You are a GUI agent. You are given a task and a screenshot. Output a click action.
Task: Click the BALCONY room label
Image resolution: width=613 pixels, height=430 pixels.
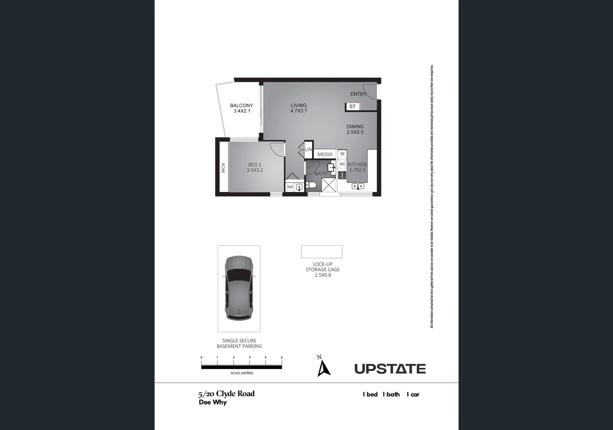[x=241, y=106]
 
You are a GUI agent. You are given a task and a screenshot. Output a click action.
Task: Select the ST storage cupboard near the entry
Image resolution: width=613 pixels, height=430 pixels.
[x=352, y=107]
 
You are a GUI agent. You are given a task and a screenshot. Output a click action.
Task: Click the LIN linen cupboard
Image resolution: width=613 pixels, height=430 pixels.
[x=308, y=150]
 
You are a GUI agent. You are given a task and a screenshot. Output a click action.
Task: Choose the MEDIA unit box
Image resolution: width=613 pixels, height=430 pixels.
[x=325, y=154]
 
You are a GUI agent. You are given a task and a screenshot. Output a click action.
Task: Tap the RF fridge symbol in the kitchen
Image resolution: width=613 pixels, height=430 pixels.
[x=342, y=154]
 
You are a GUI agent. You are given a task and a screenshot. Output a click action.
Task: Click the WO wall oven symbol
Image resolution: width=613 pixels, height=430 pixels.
[x=342, y=164]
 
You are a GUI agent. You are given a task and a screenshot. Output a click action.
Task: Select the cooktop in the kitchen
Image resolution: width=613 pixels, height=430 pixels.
[x=342, y=175]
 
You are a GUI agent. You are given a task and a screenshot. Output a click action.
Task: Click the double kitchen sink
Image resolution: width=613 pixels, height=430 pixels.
[x=358, y=186]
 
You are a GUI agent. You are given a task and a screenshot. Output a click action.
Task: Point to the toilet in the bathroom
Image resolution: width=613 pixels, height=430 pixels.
[x=311, y=185]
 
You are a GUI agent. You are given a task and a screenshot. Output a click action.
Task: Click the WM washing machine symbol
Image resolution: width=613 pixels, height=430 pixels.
[x=290, y=187]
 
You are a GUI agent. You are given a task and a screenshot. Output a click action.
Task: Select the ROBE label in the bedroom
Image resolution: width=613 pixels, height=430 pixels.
[x=223, y=168]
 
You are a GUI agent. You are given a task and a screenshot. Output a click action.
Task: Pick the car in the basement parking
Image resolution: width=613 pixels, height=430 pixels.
[x=239, y=288]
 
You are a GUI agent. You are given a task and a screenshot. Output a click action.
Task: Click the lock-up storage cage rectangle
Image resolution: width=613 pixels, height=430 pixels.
[x=321, y=252]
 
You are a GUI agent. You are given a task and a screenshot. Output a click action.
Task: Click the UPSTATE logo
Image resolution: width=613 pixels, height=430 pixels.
[x=390, y=369]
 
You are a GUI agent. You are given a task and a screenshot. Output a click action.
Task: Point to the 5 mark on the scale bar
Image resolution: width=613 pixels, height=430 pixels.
[x=282, y=358]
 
